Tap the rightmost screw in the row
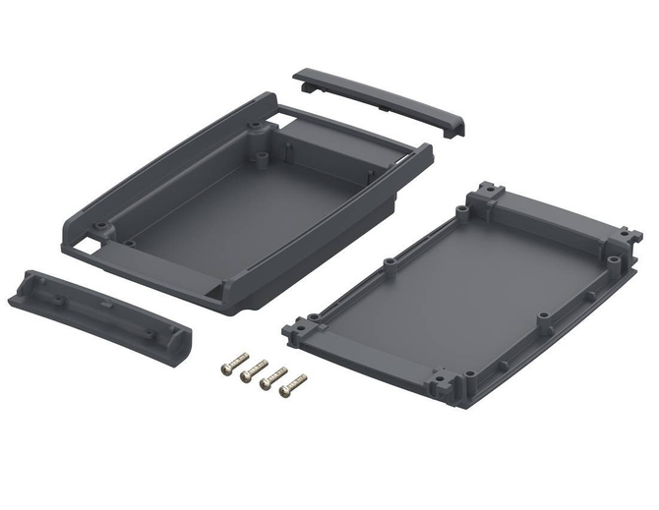tap(292, 385)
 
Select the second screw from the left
tap(253, 369)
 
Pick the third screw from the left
tap(272, 377)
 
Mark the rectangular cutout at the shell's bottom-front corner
tap(215, 293)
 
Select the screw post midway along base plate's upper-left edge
tap(390, 262)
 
